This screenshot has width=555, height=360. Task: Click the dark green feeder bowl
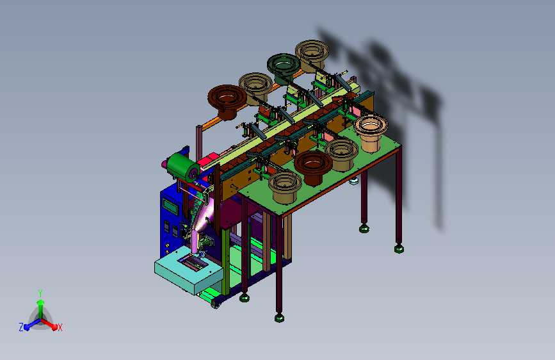[x=284, y=69]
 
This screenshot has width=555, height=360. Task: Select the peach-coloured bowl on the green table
[x=371, y=133]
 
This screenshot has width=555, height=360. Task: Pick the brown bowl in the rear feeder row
[x=227, y=101]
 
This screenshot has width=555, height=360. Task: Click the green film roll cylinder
[x=182, y=167]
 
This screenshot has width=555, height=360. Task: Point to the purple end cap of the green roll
[x=193, y=174]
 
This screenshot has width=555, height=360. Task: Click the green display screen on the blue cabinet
[x=170, y=206]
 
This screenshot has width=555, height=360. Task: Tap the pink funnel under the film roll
[x=205, y=216]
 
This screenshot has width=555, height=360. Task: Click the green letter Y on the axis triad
[x=40, y=293]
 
